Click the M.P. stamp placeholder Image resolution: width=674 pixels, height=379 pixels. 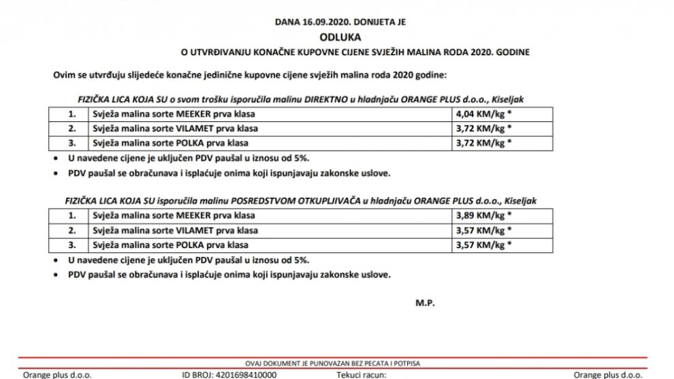point(424,301)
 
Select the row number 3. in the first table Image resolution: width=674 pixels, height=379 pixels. point(73,142)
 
